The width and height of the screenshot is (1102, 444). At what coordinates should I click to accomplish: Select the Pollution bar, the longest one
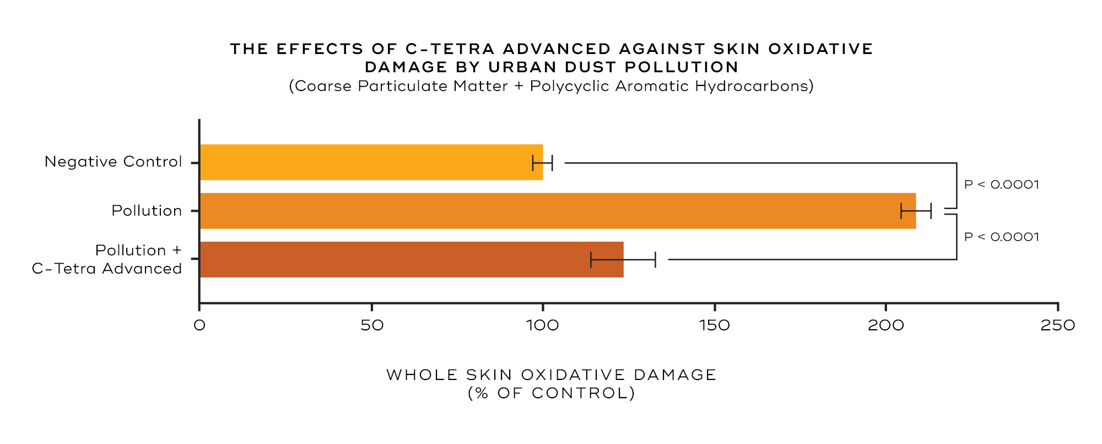click(x=557, y=211)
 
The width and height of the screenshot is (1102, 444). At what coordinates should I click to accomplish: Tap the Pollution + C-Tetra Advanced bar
click(x=411, y=259)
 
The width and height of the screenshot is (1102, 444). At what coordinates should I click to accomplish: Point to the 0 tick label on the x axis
click(x=199, y=325)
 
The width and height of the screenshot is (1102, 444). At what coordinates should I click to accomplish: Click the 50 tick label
click(x=372, y=325)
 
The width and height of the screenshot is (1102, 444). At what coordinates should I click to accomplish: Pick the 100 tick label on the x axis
click(x=543, y=325)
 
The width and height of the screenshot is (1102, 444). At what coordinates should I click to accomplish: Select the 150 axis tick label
click(x=715, y=325)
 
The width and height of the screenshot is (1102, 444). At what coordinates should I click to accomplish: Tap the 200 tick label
click(x=886, y=325)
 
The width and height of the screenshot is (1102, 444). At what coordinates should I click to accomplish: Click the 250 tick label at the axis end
click(x=1058, y=325)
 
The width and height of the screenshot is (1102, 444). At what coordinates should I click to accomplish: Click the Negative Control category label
click(x=113, y=162)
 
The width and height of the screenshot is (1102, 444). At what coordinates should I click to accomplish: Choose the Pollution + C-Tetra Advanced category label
click(x=107, y=259)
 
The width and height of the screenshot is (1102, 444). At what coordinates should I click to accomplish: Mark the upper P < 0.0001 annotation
click(x=1002, y=184)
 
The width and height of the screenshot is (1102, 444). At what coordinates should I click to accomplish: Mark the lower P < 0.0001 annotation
click(x=1002, y=237)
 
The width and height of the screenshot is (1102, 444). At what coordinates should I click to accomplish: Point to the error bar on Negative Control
click(x=543, y=163)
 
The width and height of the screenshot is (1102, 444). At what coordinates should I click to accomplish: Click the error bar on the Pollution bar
click(x=916, y=211)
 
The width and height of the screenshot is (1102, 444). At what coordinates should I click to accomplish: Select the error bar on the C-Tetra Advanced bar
click(x=623, y=259)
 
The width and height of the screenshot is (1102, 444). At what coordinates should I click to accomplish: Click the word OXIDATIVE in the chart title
click(x=820, y=49)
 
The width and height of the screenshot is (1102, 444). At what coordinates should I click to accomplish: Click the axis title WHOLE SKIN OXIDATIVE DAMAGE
click(x=551, y=375)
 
